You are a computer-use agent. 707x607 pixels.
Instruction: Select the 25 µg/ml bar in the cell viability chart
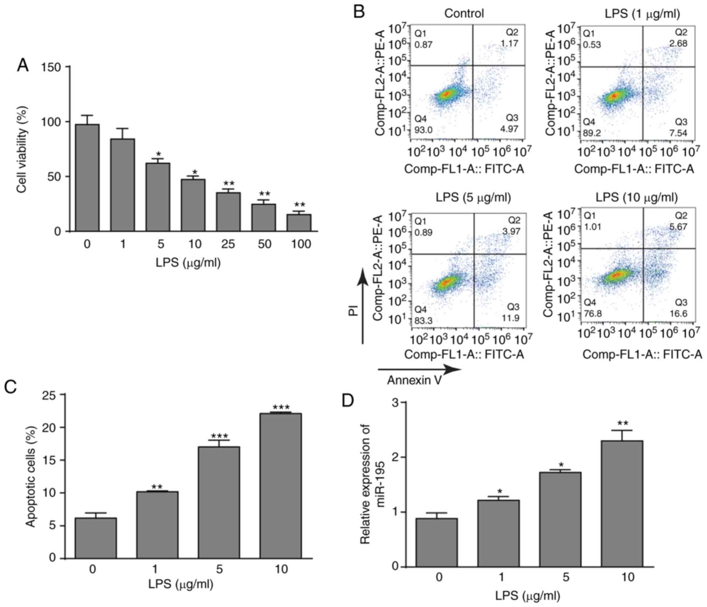[228, 212]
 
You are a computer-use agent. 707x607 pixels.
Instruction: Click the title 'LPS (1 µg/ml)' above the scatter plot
[642, 14]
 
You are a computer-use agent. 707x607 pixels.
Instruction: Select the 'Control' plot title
[464, 14]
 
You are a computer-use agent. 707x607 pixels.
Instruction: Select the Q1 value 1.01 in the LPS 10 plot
[592, 226]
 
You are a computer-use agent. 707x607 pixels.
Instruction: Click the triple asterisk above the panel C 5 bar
[219, 436]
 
